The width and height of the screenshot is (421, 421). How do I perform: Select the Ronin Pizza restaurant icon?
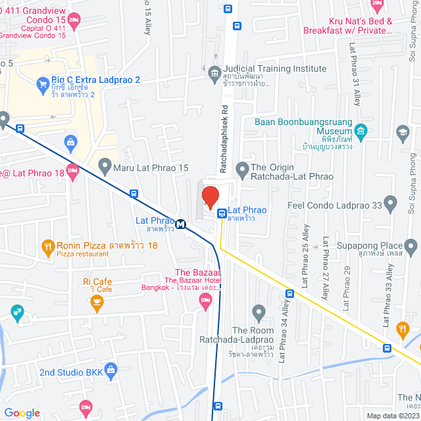[x=47, y=248]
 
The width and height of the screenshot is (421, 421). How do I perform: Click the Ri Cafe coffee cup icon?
[x=97, y=303]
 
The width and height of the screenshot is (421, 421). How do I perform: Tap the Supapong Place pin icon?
[x=412, y=247]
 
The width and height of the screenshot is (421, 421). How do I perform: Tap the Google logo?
[x=21, y=412]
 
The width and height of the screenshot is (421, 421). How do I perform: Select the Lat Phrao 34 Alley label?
[x=282, y=335]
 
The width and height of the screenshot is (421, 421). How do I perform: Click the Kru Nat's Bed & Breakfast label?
[x=347, y=26]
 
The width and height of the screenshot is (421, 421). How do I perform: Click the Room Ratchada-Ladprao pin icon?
[x=258, y=310]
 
